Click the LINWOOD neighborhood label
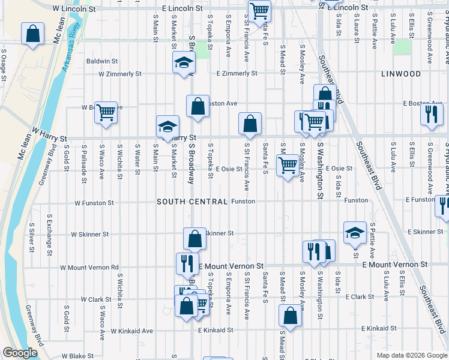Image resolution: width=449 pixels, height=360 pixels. (401, 74)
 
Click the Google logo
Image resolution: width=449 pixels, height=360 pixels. (20, 353)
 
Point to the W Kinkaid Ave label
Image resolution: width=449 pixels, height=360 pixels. (131, 331)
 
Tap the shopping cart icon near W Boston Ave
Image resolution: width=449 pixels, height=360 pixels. (106, 112)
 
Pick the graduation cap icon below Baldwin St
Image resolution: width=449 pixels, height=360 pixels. (184, 62)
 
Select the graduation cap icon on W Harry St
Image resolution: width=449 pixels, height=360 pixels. (167, 126)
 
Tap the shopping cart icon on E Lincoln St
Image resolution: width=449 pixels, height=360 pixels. (259, 10)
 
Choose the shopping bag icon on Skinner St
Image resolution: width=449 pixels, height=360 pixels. (194, 239)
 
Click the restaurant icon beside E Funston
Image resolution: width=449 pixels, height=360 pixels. (442, 206)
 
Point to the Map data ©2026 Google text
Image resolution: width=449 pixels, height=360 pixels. (412, 355)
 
